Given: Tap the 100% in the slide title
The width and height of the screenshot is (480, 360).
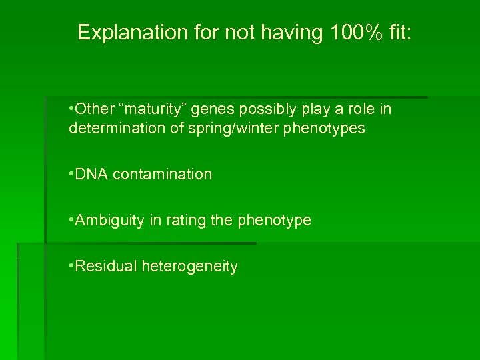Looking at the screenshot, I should point(351,32).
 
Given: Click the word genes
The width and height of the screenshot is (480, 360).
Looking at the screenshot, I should point(207,109).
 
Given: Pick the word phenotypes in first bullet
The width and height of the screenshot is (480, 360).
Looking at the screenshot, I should point(325,128).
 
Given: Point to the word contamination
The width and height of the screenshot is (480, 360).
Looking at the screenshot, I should point(163,174).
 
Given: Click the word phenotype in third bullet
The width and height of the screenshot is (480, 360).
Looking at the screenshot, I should point(274,220).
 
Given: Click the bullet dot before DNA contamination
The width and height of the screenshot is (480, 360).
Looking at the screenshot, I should point(71,175).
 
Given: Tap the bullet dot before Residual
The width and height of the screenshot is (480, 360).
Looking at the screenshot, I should point(71,267).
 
